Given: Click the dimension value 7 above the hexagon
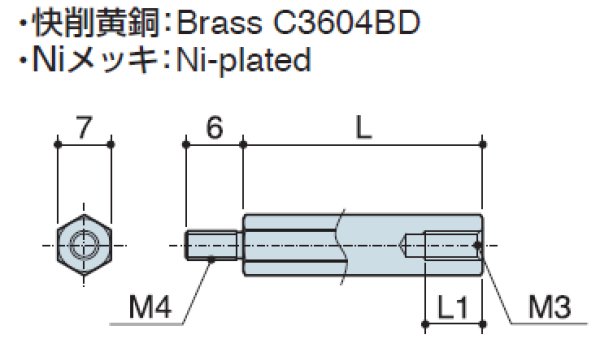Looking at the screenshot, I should (x=84, y=127).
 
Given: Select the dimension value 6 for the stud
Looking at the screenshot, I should (x=213, y=127).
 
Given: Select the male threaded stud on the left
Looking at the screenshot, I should (x=212, y=245).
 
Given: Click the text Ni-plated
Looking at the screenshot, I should (x=240, y=59).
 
